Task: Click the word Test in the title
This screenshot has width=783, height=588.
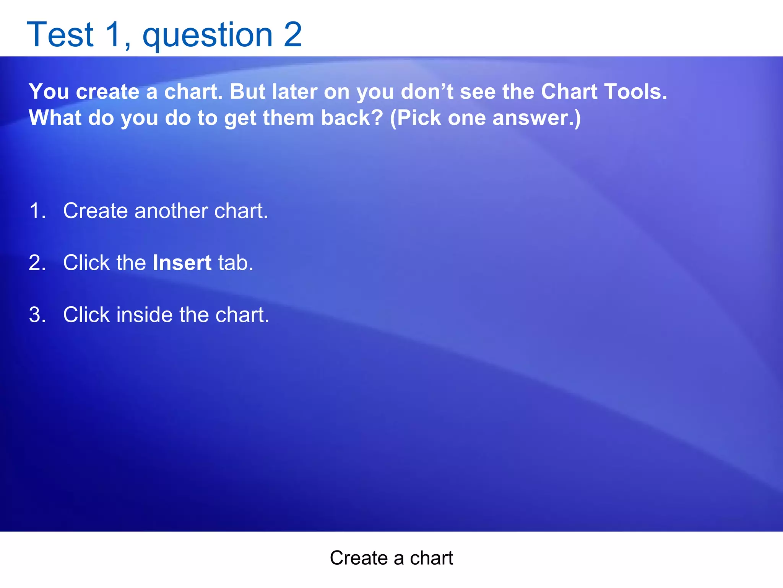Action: [x=60, y=35]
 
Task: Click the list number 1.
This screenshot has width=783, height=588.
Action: [x=37, y=211]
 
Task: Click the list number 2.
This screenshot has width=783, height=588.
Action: [x=37, y=263]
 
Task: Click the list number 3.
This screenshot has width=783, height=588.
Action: [x=37, y=315]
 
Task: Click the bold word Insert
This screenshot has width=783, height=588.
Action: [x=182, y=263]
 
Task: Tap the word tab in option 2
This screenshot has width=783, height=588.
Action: [x=235, y=263]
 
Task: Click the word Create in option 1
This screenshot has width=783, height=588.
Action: [x=95, y=211]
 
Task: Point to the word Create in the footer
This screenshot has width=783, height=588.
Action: [x=359, y=558]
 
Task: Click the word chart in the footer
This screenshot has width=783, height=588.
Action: [x=431, y=558]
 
